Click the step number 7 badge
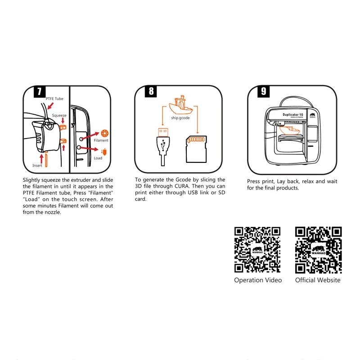point(40,92)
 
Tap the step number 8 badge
point(151,91)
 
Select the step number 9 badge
point(263,91)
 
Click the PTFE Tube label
point(54,99)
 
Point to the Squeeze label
point(59,116)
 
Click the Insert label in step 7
point(37,166)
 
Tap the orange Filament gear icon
point(105,133)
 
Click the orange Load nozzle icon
point(104,152)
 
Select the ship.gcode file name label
point(180,118)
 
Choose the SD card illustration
point(196,149)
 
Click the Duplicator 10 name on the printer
point(293,115)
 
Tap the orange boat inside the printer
point(290,130)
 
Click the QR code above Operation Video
point(257,250)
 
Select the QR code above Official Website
point(319,250)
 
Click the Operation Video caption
point(258,280)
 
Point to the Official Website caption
point(318,280)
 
